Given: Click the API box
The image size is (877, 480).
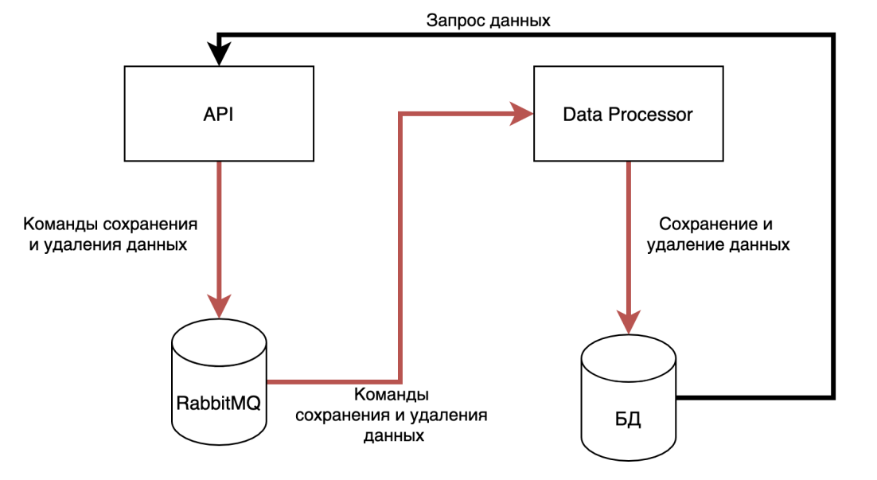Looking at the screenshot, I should [219, 114].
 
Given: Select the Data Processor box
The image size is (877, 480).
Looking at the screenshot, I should [628, 114].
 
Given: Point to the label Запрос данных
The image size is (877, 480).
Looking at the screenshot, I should [489, 21].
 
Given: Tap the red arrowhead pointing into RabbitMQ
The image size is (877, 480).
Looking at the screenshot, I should [219, 305].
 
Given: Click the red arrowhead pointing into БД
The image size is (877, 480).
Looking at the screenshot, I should [628, 320].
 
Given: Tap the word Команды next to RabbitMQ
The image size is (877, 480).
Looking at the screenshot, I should [392, 396].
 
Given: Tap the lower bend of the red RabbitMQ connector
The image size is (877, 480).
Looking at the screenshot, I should [400, 381].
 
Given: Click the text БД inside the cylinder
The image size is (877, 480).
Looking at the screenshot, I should [628, 417].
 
